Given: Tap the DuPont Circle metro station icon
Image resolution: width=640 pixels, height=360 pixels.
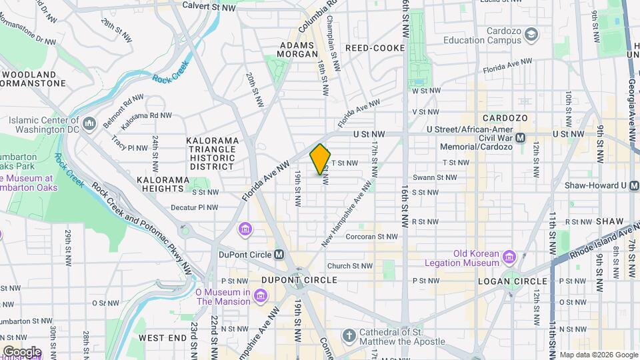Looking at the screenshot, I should tap(279, 254).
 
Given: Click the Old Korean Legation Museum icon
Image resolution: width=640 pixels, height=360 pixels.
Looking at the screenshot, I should tap(510, 257).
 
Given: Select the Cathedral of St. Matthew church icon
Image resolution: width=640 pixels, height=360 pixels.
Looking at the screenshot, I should tap(348, 334).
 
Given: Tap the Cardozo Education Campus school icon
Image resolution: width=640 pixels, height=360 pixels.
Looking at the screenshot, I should tap(531, 33).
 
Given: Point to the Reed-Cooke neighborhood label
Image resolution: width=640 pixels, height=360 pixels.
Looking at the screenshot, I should tap(375, 48).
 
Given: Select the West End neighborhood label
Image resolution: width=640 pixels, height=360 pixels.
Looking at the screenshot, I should tap(163, 338).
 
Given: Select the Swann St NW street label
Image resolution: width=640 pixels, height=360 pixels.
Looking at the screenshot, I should tap(435, 177).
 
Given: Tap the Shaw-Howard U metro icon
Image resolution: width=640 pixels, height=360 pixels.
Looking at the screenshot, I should tap(631, 185).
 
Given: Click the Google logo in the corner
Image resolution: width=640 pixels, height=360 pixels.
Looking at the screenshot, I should tap(22, 351).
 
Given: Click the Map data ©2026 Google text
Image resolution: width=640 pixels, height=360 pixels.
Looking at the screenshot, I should tap(598, 355).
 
